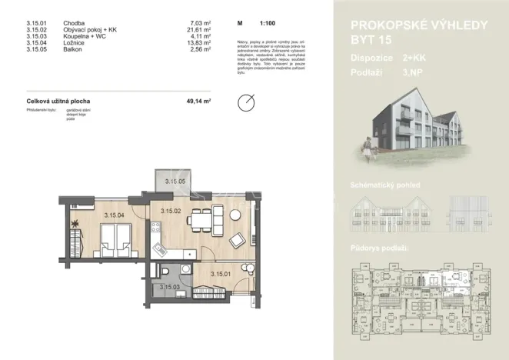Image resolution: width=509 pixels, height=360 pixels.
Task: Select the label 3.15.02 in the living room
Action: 170,210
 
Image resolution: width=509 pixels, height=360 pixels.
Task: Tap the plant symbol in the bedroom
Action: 75,223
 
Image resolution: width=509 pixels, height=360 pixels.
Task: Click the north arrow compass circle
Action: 247,102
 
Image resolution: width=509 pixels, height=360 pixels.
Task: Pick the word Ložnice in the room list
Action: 73,43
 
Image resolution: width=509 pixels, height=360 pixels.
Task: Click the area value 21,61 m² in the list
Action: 198,31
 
